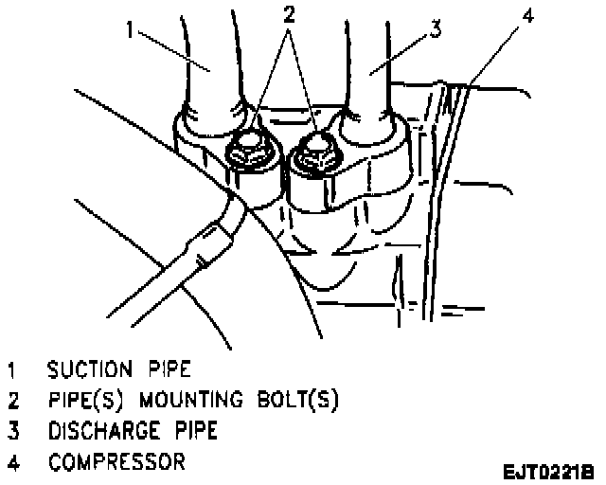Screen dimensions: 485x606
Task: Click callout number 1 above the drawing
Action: (x=132, y=28)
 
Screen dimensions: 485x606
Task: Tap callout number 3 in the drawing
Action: (x=435, y=28)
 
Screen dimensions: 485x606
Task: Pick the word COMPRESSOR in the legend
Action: (x=116, y=463)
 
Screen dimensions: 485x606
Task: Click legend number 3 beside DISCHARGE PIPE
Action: (x=11, y=431)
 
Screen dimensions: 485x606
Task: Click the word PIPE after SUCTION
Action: (x=175, y=366)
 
